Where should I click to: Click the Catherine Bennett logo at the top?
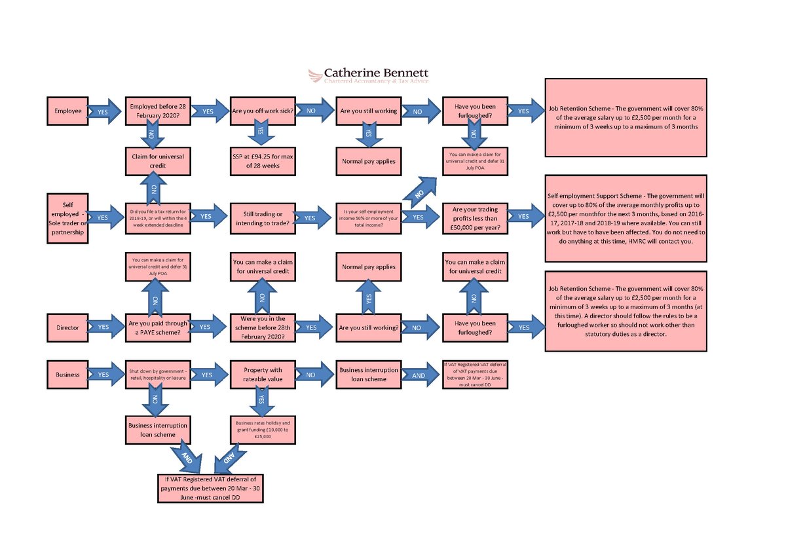[x=369, y=76]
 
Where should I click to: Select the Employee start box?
[x=67, y=111]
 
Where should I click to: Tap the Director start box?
[x=67, y=326]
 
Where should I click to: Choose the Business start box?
[x=67, y=375]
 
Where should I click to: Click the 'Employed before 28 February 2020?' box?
[x=158, y=111]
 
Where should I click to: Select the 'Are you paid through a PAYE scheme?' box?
[x=158, y=327]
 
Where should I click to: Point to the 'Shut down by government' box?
[x=158, y=375]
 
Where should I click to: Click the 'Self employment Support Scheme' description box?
[x=626, y=218]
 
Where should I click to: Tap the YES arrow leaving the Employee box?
[x=103, y=112]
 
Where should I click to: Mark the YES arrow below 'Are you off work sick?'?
[x=260, y=134]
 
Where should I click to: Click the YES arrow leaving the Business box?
[x=103, y=375]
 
